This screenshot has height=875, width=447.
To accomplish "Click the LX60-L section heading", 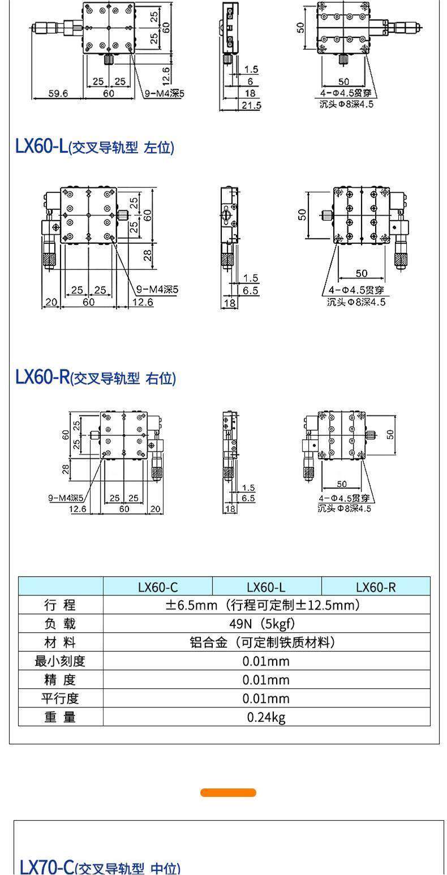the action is (x=94, y=147).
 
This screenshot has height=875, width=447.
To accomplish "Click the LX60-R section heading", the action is (x=96, y=378).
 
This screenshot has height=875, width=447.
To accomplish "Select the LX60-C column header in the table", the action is (x=158, y=587).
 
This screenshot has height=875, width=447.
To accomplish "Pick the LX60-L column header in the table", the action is (x=267, y=587).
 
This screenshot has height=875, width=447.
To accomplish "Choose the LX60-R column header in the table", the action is (x=376, y=587).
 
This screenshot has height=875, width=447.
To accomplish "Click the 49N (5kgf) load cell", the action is (x=267, y=624).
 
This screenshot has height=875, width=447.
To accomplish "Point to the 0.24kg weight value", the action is (x=267, y=717).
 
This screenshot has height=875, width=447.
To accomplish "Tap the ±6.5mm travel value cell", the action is (x=267, y=605).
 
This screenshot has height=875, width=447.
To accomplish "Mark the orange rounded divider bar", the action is (x=228, y=792).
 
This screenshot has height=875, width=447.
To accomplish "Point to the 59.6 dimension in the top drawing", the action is (x=58, y=93).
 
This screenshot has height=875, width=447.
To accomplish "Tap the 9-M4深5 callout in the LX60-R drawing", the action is (x=66, y=498).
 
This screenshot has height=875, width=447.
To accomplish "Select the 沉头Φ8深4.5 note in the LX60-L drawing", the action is (x=356, y=302).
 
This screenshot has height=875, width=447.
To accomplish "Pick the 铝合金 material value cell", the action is (x=267, y=642).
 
